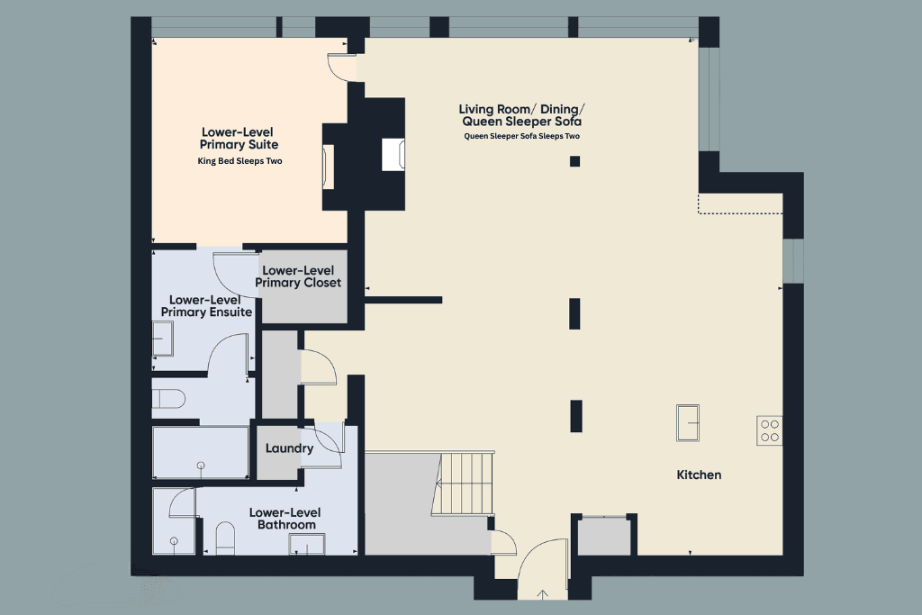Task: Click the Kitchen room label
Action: click(x=699, y=475)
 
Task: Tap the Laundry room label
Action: click(x=289, y=448)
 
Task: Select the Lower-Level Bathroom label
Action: click(x=285, y=519)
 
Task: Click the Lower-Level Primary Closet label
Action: click(x=298, y=276)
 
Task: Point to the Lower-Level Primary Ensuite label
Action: click(x=206, y=306)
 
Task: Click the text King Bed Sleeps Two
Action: click(x=240, y=162)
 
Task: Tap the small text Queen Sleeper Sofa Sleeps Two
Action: click(x=521, y=136)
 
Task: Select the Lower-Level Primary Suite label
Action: click(x=240, y=138)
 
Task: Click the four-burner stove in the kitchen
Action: click(x=770, y=431)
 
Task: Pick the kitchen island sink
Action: click(x=689, y=423)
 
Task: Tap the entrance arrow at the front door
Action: click(x=543, y=593)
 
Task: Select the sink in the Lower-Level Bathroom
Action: click(x=308, y=544)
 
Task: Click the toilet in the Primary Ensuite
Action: click(x=169, y=397)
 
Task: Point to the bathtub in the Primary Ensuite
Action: click(x=200, y=453)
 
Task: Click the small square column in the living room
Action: click(x=574, y=161)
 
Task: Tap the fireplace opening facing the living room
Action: click(x=394, y=154)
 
